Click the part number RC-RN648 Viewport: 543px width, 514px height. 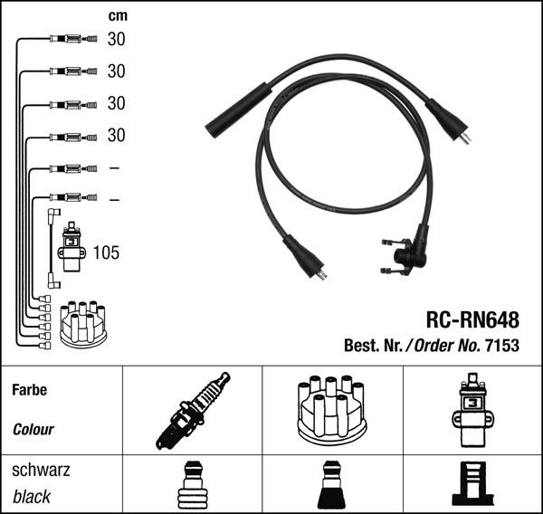(x=472, y=320)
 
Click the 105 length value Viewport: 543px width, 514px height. (x=106, y=252)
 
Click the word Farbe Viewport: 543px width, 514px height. (x=29, y=391)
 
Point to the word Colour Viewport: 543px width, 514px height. (x=33, y=430)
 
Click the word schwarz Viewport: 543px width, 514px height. (x=40, y=471)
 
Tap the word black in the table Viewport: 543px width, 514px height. (x=32, y=497)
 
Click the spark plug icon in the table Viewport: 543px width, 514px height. (x=192, y=410)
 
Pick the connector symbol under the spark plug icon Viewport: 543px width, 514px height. (x=192, y=487)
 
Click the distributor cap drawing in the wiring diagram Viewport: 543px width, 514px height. (x=82, y=323)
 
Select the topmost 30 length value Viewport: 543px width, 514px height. (x=116, y=39)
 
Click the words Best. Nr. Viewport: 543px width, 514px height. (x=374, y=346)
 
